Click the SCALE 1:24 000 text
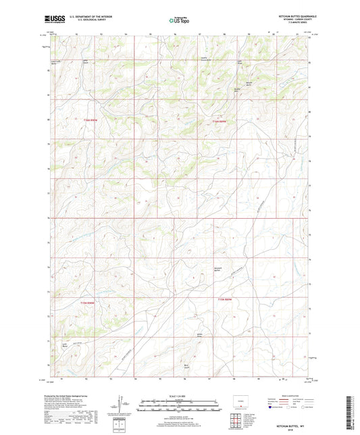click(x=180, y=396)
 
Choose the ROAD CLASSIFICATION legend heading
click(x=286, y=396)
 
